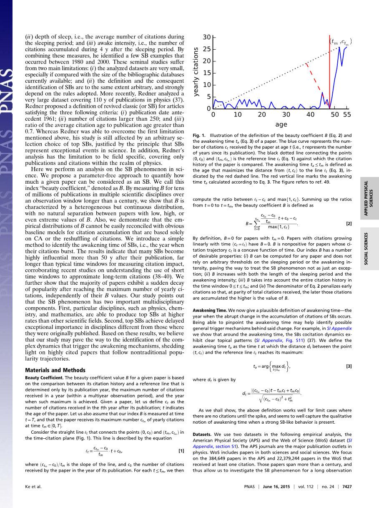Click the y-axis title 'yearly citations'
196,72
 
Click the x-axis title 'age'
281,124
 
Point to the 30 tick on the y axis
207,38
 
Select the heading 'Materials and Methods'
55,370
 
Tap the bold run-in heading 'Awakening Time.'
210,311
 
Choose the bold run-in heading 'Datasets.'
202,435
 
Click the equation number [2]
349,224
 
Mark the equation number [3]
349,366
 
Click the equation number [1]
181,451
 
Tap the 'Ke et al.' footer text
34,487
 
